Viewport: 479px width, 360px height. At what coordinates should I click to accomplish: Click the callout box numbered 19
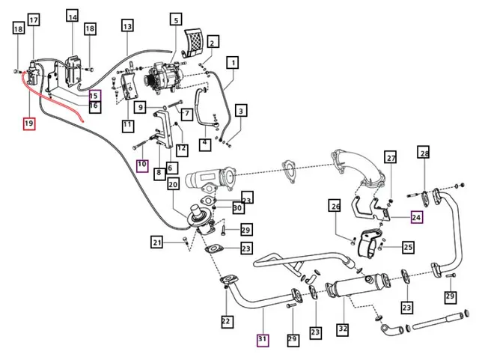29,123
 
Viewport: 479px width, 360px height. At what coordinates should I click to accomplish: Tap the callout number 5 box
175,19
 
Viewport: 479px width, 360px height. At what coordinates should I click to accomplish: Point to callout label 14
72,16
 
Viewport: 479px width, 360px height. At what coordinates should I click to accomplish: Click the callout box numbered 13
127,26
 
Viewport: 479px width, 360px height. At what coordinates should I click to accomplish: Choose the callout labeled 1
234,63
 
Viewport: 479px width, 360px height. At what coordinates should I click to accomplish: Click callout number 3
241,112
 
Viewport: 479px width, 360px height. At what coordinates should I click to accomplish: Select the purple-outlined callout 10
142,163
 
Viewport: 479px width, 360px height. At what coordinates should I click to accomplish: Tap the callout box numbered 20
172,184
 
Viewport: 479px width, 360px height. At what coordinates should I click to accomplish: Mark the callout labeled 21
156,242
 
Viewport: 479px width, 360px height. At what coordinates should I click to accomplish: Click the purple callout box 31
263,339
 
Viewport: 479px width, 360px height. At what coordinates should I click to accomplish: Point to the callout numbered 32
342,328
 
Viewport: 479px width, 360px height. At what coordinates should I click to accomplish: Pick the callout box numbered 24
417,219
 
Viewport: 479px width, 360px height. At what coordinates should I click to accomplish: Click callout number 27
391,158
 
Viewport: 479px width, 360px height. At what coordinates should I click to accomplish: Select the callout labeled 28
424,154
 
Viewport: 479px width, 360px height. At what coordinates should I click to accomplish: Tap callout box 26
335,206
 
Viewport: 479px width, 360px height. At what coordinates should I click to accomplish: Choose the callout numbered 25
408,246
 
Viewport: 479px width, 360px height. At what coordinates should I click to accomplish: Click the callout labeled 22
227,322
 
